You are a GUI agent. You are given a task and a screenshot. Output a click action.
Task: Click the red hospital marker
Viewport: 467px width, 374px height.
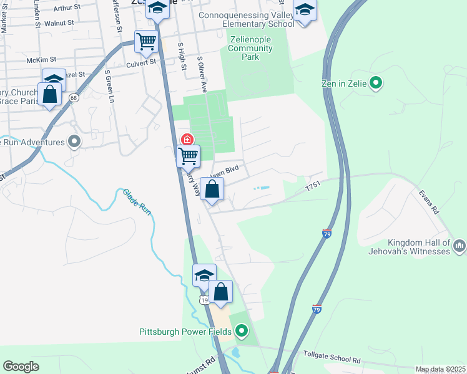(186, 139)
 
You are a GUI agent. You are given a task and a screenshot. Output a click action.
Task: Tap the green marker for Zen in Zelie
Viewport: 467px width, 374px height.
(376, 82)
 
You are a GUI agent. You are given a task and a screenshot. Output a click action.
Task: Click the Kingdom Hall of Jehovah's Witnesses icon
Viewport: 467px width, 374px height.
(460, 246)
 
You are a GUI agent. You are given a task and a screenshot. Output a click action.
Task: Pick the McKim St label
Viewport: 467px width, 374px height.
(42, 60)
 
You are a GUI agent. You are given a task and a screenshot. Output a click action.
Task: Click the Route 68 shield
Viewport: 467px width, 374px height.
(74, 97)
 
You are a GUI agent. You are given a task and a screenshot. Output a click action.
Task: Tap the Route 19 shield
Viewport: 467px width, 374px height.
(204, 300)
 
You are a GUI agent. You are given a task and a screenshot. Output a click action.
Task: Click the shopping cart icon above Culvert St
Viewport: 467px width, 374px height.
(146, 42)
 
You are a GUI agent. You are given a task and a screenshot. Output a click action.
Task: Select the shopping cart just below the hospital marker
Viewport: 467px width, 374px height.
(188, 155)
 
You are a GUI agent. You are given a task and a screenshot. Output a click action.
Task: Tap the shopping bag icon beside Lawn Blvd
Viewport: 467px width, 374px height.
(212, 189)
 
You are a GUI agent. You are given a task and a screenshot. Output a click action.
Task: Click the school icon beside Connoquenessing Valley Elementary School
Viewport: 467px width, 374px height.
(305, 11)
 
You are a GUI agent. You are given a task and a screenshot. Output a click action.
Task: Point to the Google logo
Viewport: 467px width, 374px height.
(21, 367)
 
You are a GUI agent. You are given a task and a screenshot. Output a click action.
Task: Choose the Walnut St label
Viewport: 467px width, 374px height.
(63, 23)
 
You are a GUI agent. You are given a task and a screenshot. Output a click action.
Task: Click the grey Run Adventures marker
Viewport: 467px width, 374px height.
(75, 142)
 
